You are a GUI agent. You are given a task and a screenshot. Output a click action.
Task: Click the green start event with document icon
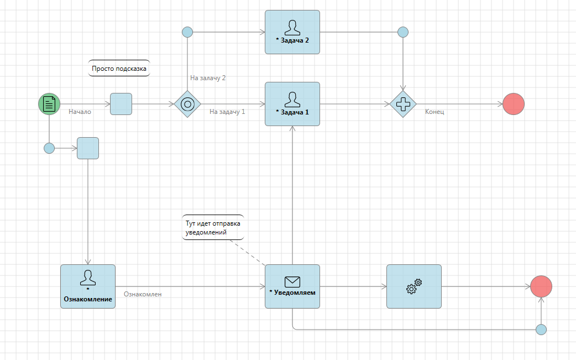[49, 104]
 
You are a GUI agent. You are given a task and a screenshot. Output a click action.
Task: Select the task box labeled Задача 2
[292, 32]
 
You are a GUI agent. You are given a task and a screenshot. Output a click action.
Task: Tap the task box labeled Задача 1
[292, 104]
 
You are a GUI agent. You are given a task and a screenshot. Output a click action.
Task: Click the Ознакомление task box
[88, 286]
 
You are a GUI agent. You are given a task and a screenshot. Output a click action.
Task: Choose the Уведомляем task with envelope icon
[292, 286]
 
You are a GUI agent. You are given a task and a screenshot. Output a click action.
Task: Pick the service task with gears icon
[414, 286]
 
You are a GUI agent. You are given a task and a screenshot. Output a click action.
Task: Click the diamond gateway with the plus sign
[403, 104]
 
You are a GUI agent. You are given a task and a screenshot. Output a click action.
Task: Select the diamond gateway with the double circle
[187, 104]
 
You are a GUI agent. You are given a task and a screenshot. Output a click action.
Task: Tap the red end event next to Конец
[514, 104]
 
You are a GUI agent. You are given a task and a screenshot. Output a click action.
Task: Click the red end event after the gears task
[541, 286]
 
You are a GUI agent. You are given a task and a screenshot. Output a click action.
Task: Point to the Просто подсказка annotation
[119, 69]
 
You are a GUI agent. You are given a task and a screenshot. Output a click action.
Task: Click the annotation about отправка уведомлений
[213, 228]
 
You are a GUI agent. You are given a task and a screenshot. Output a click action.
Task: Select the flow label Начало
[80, 112]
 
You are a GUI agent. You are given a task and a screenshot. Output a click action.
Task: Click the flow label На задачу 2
[208, 78]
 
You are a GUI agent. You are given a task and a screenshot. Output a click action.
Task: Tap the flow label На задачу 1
[227, 112]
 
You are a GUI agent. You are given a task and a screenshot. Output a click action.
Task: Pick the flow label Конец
[434, 112]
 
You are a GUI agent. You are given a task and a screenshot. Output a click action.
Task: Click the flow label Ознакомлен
[143, 294]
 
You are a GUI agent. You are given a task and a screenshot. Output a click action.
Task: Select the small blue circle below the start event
[49, 148]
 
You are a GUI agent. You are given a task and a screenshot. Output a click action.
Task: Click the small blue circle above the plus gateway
[403, 32]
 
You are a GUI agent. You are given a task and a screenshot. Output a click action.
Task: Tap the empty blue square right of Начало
[121, 104]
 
